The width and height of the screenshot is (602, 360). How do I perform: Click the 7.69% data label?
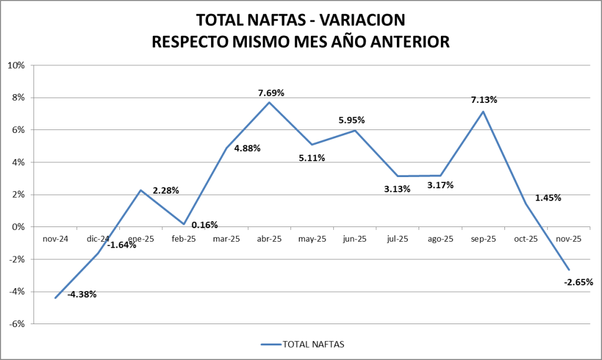270,93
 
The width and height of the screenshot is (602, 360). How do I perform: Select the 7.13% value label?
483,99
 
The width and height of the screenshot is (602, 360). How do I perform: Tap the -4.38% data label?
82,294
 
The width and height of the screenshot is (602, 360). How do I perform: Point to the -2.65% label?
578,282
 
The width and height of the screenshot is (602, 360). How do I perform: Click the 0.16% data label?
205,224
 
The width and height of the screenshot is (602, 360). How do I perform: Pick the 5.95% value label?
352,120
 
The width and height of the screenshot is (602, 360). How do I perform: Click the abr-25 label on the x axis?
269,239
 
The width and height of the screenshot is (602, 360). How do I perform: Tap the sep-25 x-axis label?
483,239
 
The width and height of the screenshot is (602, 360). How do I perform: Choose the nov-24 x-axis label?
55,239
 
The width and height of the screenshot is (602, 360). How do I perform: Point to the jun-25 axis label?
354,239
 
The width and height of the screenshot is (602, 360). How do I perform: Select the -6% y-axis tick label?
16,324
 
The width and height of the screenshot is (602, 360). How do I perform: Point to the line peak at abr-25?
269,102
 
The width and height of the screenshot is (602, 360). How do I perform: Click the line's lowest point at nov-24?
55,298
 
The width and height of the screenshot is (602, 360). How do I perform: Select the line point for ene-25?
141,190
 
